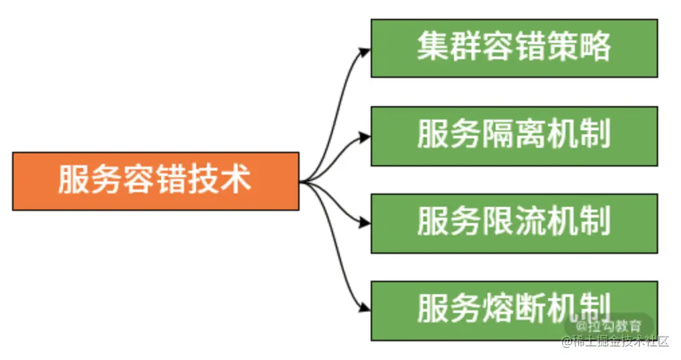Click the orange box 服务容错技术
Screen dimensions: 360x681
coord(155,181)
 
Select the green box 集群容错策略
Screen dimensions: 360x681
coord(514,48)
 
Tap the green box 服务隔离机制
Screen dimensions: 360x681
coord(514,135)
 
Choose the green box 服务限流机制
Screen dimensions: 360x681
coord(514,223)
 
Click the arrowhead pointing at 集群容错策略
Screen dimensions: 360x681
coord(364,52)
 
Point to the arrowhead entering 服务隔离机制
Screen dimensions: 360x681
coord(364,137)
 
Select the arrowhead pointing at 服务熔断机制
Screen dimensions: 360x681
coord(364,308)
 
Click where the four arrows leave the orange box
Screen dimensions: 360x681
coord(302,181)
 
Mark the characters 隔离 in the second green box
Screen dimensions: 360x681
coord(514,135)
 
